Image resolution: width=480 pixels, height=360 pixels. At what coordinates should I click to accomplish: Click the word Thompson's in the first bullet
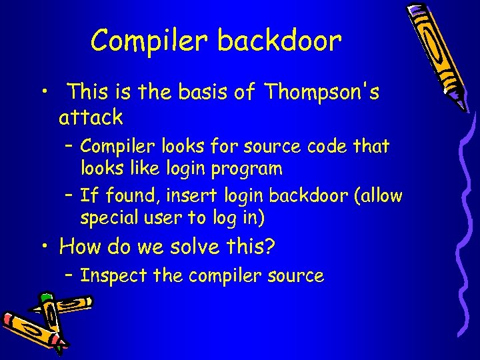click(321, 92)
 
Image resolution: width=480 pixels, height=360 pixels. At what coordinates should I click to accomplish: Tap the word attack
click(91, 118)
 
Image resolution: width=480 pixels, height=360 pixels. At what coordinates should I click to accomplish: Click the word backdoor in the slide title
click(279, 41)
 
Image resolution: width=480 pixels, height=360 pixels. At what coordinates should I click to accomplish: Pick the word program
click(247, 168)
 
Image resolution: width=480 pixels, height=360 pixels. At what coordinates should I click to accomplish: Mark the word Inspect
click(109, 276)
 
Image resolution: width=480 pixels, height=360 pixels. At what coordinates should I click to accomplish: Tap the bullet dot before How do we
click(44, 247)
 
